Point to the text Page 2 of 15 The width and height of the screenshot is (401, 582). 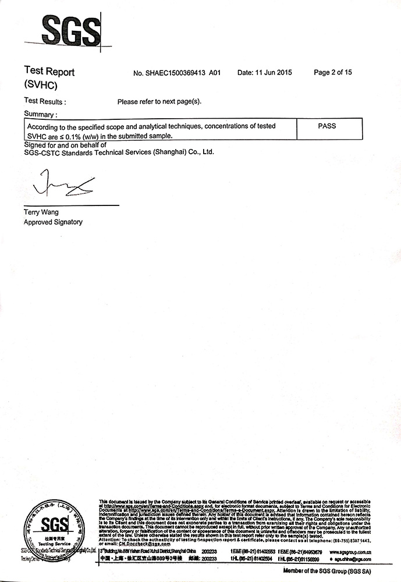click(x=332, y=73)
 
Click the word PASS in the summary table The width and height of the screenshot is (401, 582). click(x=327, y=126)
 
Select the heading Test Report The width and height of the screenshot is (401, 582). click(x=49, y=72)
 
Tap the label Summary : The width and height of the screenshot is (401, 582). click(x=41, y=114)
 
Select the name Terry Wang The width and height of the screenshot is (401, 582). click(x=41, y=212)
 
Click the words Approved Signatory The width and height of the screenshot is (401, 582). click(x=53, y=222)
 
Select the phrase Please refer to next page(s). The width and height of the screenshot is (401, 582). click(x=159, y=101)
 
